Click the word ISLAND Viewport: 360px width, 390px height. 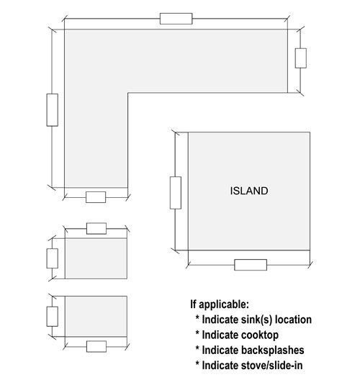(249, 191)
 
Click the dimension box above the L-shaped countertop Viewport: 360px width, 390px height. (176, 19)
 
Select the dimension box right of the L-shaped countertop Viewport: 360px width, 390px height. (301, 58)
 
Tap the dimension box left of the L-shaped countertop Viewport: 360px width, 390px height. (53, 110)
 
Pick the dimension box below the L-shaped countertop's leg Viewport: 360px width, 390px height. (96, 197)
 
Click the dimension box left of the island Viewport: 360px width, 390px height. (176, 193)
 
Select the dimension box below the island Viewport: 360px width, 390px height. (251, 265)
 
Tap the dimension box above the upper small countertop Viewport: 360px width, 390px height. (96, 229)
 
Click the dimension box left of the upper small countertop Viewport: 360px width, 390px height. (53, 258)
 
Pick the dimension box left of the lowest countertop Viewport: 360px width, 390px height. (53, 317)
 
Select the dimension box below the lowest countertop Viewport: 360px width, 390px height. (96, 347)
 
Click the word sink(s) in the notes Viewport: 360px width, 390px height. (257, 320)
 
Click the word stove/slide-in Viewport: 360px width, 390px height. (272, 366)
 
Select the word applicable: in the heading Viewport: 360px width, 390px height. (224, 304)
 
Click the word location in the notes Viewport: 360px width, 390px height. (293, 320)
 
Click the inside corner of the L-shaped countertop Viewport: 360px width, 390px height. (128, 93)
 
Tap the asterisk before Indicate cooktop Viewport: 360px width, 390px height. (197, 333)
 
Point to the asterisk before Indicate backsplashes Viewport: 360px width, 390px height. (197, 348)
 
